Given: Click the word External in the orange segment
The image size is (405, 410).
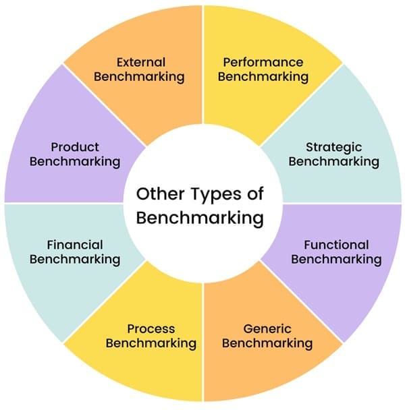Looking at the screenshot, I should (141, 62).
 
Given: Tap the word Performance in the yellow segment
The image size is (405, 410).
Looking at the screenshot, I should (263, 62).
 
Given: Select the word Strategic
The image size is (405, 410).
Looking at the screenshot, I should (333, 147).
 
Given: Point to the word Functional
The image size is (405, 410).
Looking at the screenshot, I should (336, 245).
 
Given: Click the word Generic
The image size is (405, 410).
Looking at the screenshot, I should (267, 329).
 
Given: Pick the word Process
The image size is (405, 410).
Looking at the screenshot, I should (151, 329).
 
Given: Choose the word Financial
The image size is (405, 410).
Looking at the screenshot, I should (75, 245).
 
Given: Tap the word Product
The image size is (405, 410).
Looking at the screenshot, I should (74, 147).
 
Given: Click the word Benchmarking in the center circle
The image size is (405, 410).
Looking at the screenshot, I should (198, 218).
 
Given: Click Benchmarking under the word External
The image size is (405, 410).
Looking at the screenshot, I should (139, 76).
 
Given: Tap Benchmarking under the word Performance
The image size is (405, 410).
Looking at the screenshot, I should (263, 76).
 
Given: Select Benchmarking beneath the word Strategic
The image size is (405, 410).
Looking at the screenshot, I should (333, 161).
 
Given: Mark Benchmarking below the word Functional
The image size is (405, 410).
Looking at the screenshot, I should (336, 259).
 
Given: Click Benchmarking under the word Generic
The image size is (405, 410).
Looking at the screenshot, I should (267, 343).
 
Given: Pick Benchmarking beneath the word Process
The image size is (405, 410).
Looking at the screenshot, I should (151, 343).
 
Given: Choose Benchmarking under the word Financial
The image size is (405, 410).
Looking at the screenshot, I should (75, 259).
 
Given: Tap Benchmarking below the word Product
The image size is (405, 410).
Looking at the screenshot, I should (75, 161).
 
